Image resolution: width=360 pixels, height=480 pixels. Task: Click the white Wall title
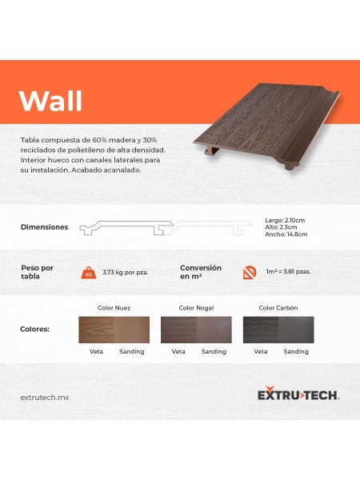pyautogui.click(x=51, y=101)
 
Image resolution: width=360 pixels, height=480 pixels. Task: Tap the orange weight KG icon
pyautogui.click(x=89, y=273)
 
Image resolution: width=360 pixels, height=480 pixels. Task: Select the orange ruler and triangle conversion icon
pyautogui.click(x=250, y=273)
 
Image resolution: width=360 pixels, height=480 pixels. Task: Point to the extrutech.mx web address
pyautogui.click(x=45, y=398)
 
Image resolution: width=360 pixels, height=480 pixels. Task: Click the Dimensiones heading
pyautogui.click(x=44, y=227)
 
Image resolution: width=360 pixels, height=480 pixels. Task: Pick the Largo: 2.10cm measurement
pyautogui.click(x=285, y=221)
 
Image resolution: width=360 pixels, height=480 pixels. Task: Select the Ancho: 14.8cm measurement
pyautogui.click(x=286, y=234)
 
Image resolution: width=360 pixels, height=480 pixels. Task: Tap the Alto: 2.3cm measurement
pyautogui.click(x=281, y=227)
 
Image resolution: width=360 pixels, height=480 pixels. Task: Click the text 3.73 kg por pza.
pyautogui.click(x=126, y=272)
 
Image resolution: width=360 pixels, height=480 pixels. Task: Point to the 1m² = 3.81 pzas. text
pyautogui.click(x=288, y=271)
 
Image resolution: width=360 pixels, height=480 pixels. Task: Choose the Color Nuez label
pyautogui.click(x=114, y=308)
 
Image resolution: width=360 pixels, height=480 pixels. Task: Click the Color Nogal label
pyautogui.click(x=196, y=308)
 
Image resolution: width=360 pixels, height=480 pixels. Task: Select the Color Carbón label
pyautogui.click(x=278, y=308)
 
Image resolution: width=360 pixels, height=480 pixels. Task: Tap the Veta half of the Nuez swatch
pyautogui.click(x=97, y=330)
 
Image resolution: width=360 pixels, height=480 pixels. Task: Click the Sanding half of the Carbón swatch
pyautogui.click(x=296, y=330)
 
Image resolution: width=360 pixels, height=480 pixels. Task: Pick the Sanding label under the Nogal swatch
pyautogui.click(x=214, y=351)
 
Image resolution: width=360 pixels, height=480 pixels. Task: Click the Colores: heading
pyautogui.click(x=34, y=330)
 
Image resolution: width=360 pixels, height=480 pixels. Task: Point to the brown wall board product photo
pyautogui.click(x=266, y=126)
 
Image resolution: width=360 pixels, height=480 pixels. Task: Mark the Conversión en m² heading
pyautogui.click(x=201, y=272)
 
